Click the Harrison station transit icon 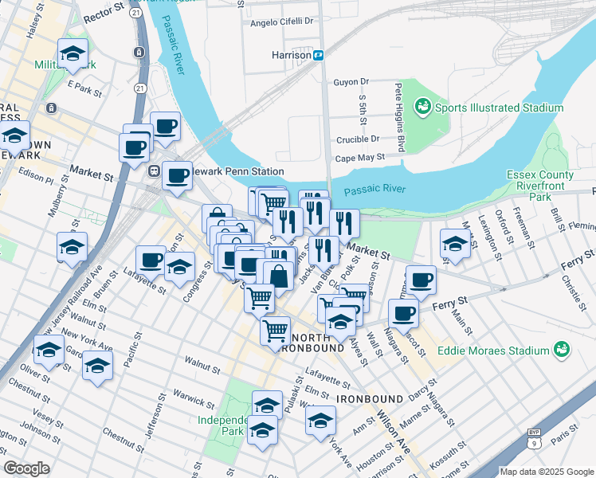pos(318,56)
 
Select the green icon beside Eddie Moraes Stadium pos(563,350)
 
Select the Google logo pos(26,468)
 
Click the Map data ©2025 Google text pos(546,472)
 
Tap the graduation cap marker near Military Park pos(74,54)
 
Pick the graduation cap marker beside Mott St pos(453,244)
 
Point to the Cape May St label pos(359,158)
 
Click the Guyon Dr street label pos(351,81)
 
